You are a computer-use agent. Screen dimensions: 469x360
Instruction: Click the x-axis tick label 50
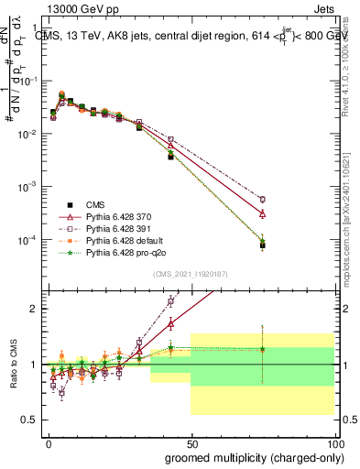(191, 444)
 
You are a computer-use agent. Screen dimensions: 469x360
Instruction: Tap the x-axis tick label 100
(334, 444)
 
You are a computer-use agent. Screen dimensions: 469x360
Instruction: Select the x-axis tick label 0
(48, 444)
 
